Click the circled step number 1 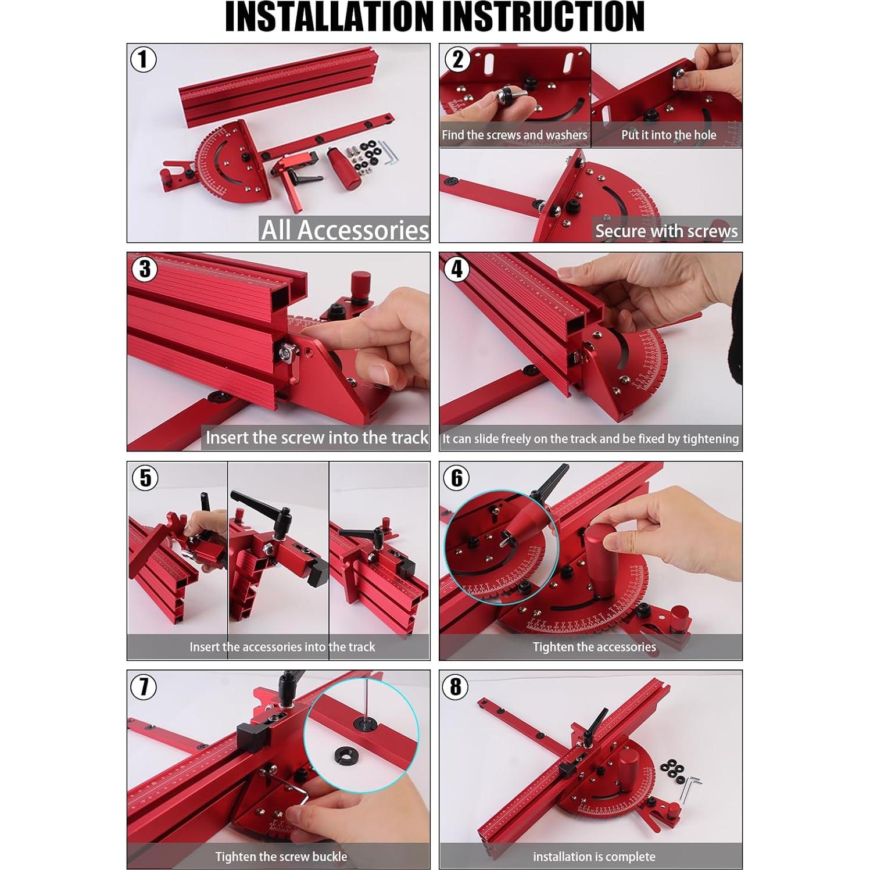143,60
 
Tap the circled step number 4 457,269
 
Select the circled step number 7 143,687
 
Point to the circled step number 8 456,687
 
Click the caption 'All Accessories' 345,230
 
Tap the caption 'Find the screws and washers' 514,135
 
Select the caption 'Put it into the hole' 668,135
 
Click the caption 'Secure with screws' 666,231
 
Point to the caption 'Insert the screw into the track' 317,437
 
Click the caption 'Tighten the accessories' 594,647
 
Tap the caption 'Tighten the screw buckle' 281,857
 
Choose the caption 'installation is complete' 594,857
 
